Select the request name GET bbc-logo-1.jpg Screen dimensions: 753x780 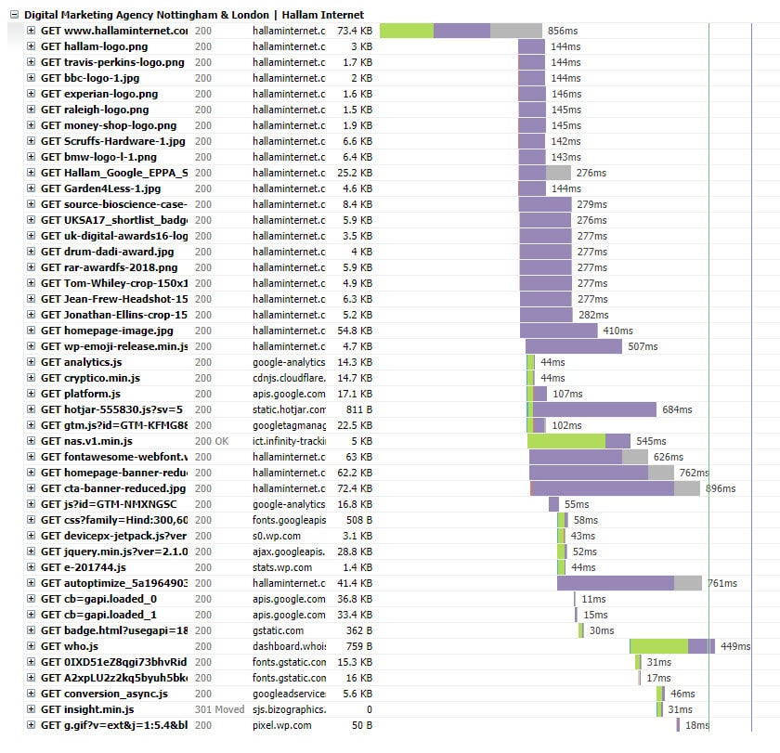(x=88, y=78)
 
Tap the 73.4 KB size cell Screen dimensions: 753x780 (x=354, y=31)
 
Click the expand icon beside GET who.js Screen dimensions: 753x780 (x=31, y=646)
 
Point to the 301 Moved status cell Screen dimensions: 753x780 (x=218, y=709)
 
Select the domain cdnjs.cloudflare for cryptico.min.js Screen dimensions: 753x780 (x=289, y=378)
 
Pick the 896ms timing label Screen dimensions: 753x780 (x=720, y=488)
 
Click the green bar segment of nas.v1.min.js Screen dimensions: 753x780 (x=565, y=441)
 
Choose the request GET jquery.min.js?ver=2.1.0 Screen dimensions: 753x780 (x=113, y=552)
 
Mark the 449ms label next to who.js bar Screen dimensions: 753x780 (x=734, y=646)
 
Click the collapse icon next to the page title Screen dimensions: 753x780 (x=13, y=15)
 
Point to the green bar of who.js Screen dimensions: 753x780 (x=658, y=646)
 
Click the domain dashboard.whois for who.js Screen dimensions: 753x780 (x=289, y=646)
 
